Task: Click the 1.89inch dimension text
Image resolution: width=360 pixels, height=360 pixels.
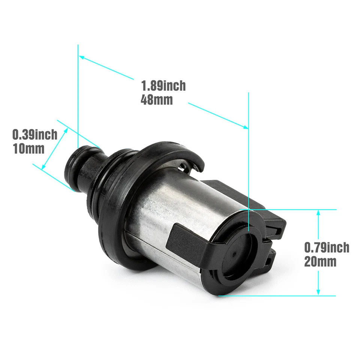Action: click(163, 86)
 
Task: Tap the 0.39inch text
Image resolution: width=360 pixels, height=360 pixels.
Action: click(35, 134)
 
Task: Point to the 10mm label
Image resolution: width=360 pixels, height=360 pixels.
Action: click(28, 148)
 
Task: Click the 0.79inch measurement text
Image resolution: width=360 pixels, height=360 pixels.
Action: click(327, 247)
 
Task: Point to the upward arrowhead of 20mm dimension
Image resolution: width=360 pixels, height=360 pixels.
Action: click(318, 213)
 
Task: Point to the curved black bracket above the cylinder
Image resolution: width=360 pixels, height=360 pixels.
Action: click(176, 150)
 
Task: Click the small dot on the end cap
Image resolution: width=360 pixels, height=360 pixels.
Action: click(233, 254)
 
